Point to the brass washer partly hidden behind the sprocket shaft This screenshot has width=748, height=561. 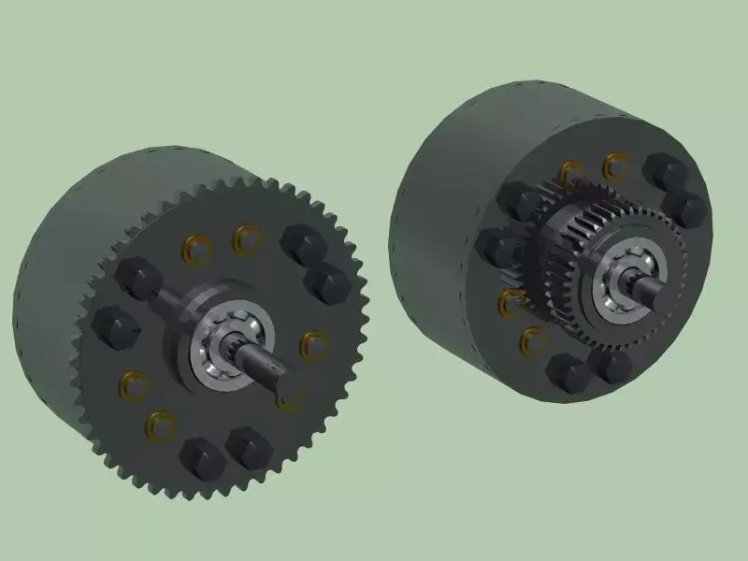[x=292, y=398]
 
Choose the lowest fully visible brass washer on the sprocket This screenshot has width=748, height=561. [x=161, y=425]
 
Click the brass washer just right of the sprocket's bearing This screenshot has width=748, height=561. [x=311, y=343]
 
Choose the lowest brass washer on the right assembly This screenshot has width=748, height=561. [x=533, y=340]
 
